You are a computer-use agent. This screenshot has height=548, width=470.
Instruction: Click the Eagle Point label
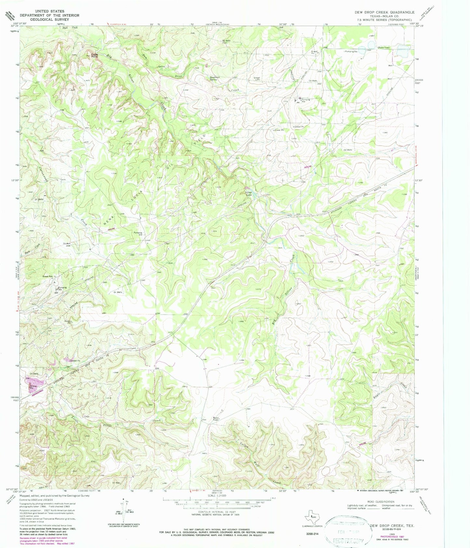(x=94, y=56)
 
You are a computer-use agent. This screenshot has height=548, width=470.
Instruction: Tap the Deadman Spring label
(x=213, y=78)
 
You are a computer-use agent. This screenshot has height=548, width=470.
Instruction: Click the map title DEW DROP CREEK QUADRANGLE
(x=384, y=12)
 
